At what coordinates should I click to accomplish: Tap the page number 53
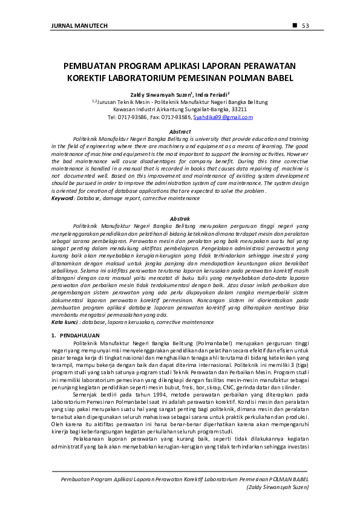point(306,25)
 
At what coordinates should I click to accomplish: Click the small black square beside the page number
point(295,25)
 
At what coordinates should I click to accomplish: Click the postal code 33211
point(239,109)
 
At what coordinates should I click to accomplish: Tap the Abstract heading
point(180,131)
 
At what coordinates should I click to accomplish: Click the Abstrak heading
point(180,218)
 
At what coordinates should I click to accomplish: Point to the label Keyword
point(64,198)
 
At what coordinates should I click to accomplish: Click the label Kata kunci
point(66,323)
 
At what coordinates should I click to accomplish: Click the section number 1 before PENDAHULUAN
point(53,335)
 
